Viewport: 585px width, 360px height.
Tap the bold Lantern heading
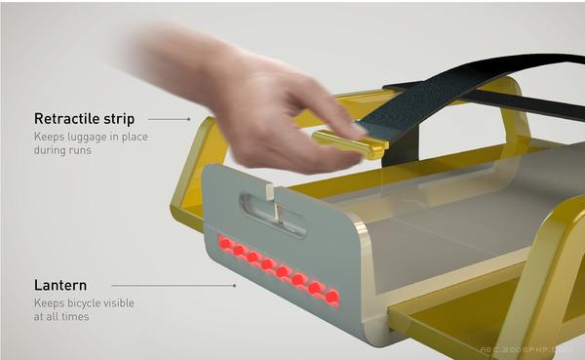(60, 285)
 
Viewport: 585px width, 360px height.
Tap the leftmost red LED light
(225, 244)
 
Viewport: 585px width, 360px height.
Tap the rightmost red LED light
(331, 298)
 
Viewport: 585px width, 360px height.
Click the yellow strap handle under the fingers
(350, 143)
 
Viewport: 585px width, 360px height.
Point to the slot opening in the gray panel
(273, 215)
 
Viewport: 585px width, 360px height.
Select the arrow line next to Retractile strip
(170, 119)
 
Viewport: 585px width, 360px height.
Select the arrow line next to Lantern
(174, 286)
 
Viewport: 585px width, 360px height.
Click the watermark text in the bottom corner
(526, 350)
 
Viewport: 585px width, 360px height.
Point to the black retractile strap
(466, 99)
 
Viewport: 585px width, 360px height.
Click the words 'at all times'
(61, 317)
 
